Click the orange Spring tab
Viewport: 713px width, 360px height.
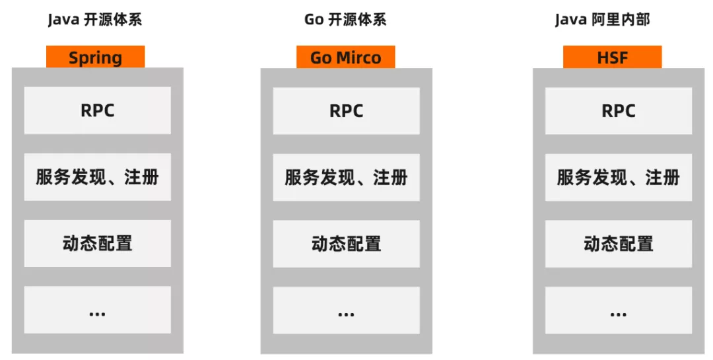(x=95, y=57)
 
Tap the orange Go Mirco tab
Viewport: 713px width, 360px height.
(x=345, y=57)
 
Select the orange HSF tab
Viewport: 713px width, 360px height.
(x=612, y=57)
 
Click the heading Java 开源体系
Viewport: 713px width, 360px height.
(x=94, y=20)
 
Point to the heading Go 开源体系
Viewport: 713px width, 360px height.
(x=345, y=20)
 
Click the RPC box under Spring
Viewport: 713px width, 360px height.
(x=97, y=110)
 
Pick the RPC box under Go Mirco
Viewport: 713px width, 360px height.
(x=346, y=110)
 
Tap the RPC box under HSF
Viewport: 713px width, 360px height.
(x=618, y=110)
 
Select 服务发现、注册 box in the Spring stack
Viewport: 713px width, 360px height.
(x=97, y=177)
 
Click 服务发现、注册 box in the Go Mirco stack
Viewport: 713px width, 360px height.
(x=346, y=177)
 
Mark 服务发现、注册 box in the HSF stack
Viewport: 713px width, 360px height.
(x=618, y=177)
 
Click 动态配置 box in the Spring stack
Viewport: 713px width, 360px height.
(x=97, y=243)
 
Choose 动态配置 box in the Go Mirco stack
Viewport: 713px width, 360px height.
(x=346, y=243)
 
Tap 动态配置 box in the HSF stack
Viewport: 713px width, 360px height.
(x=618, y=243)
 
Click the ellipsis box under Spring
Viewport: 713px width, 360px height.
(x=97, y=310)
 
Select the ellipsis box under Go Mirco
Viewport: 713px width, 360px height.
(x=346, y=310)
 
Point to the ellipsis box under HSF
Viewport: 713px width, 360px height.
(x=618, y=310)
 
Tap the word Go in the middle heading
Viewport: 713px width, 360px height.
(x=314, y=20)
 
